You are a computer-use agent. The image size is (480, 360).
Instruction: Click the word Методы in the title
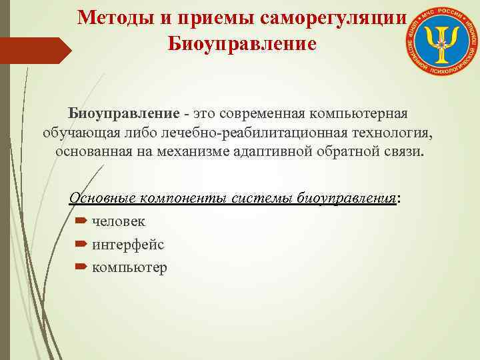[x=113, y=18]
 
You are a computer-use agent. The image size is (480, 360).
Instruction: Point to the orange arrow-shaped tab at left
[x=35, y=50]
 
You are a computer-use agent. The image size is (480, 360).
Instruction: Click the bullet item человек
[x=119, y=221]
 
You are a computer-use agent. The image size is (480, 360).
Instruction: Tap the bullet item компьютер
[x=130, y=268]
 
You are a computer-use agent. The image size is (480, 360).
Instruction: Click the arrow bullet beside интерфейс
[x=81, y=245]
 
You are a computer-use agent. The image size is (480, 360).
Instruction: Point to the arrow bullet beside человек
[x=81, y=221]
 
